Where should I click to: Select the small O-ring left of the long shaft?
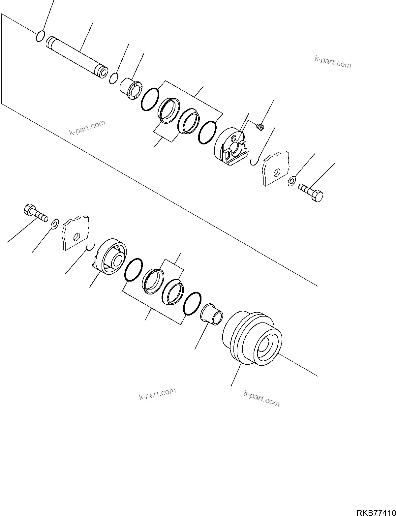point(40,36)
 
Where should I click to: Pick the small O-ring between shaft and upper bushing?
point(114,78)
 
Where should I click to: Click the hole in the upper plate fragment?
point(277,172)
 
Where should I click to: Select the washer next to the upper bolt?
point(292,181)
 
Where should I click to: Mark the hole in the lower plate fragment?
point(77,237)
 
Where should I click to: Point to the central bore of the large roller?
point(265,346)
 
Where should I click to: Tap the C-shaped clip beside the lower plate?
point(91,246)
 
